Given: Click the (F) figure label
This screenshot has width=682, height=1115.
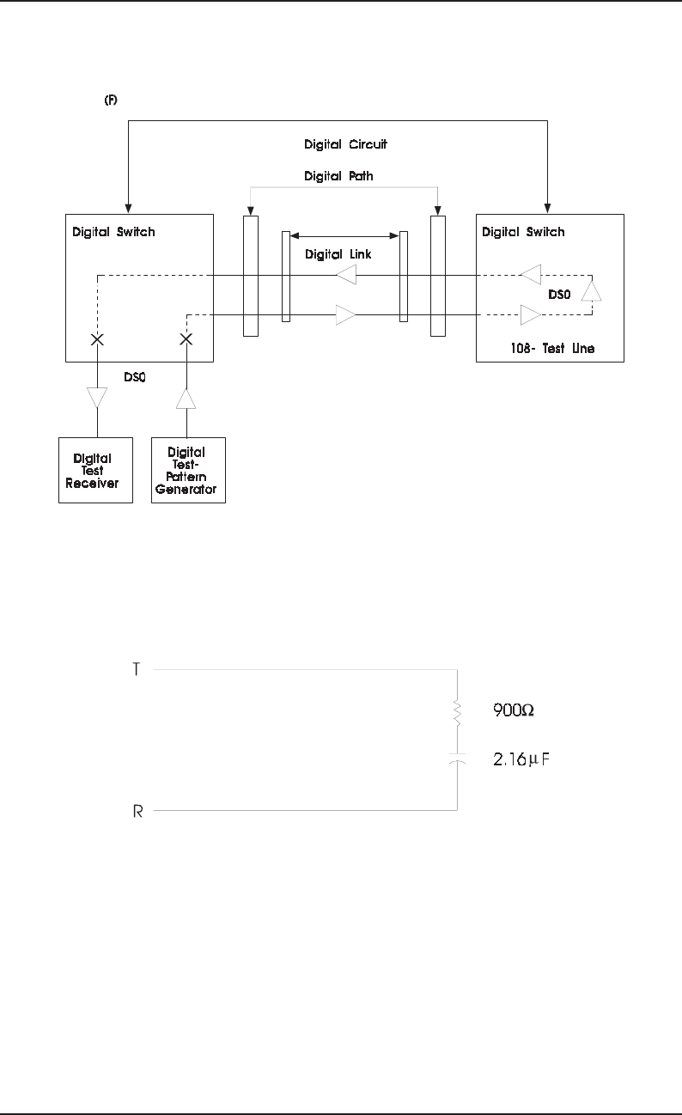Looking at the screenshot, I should pyautogui.click(x=111, y=101).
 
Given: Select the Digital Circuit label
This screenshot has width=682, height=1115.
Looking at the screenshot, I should pyautogui.click(x=345, y=144).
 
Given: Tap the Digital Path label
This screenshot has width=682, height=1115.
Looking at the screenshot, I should pyautogui.click(x=339, y=176).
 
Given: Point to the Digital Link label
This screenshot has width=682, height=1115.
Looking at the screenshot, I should pyautogui.click(x=338, y=254).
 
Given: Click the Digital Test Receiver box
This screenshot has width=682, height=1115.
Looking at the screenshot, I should pyautogui.click(x=95, y=470).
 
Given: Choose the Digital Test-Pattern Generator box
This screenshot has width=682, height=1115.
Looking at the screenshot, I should pyautogui.click(x=188, y=470).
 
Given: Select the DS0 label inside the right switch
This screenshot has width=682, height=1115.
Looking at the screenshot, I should pyautogui.click(x=559, y=294).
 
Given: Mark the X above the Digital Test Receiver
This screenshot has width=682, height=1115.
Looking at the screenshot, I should pyautogui.click(x=98, y=339).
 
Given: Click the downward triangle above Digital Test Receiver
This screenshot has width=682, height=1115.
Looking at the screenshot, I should pyautogui.click(x=97, y=398).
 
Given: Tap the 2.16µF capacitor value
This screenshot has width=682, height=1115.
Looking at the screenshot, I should pyautogui.click(x=521, y=761).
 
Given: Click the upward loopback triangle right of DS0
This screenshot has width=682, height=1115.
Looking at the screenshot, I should pyautogui.click(x=591, y=290).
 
